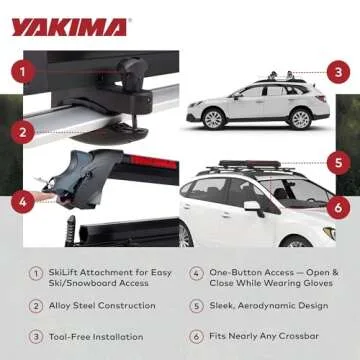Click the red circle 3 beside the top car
pyautogui.click(x=338, y=72)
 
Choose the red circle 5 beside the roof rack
pyautogui.click(x=338, y=161)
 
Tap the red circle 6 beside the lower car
pyautogui.click(x=338, y=208)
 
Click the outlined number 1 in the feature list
pyautogui.click(x=35, y=272)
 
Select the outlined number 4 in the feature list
pyautogui.click(x=196, y=272)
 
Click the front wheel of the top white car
pyautogui.click(x=296, y=118)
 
